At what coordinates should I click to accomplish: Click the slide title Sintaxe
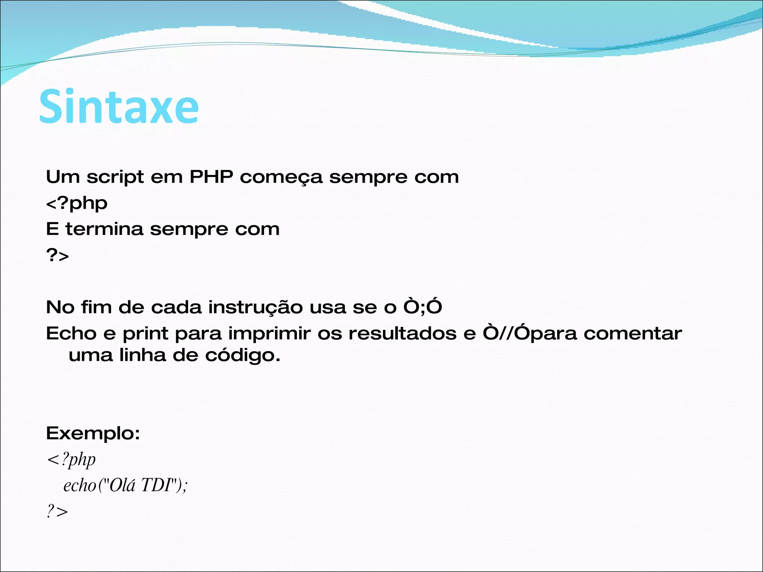[x=118, y=107]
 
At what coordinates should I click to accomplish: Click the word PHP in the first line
[x=211, y=177]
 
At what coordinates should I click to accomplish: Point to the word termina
[x=104, y=229]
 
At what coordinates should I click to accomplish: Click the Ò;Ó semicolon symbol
[x=422, y=307]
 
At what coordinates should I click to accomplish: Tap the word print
[x=145, y=334]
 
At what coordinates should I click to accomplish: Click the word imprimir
[x=269, y=334]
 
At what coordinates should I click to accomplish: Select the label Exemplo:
[x=93, y=433]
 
